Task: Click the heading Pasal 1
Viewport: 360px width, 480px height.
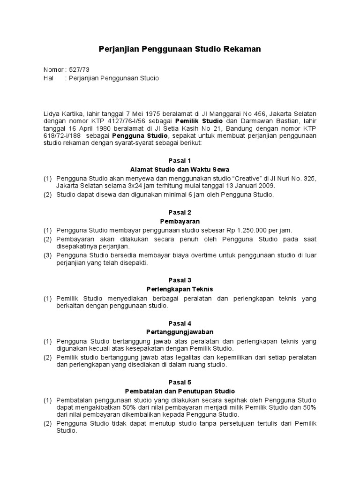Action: point(180,160)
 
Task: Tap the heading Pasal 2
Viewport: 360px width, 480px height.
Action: point(180,212)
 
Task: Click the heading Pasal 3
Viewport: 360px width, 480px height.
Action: point(180,280)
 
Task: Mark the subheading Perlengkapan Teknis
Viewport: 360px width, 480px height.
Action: point(180,289)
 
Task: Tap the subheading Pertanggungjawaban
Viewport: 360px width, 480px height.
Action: point(180,331)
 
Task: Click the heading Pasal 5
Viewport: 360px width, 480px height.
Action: point(180,382)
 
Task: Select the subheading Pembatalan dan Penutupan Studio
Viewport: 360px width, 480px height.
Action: point(180,391)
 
